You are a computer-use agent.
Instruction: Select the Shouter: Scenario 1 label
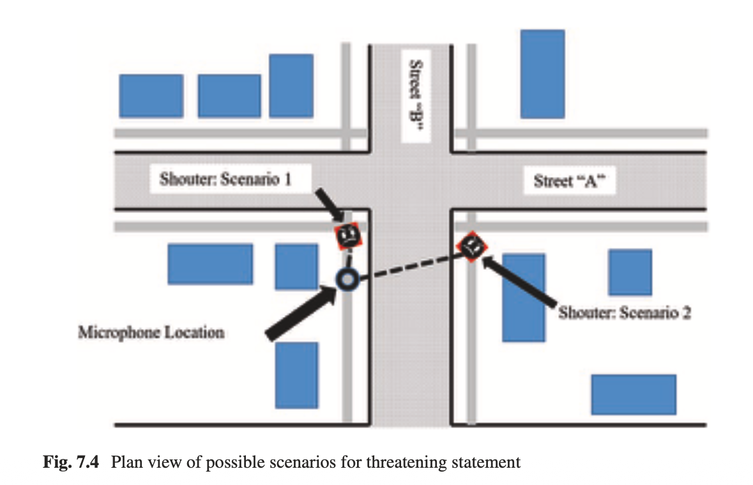[x=225, y=180]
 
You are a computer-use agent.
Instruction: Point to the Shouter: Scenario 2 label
[x=624, y=313]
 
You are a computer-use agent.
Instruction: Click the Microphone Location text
[x=151, y=332]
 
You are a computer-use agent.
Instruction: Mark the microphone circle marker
[x=346, y=279]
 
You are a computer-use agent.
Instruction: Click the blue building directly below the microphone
[x=296, y=375]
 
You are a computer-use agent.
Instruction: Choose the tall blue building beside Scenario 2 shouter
[x=523, y=297]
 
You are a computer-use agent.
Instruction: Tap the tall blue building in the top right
[x=542, y=73]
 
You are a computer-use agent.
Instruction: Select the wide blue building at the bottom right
[x=633, y=394]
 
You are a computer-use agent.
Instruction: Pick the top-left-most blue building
[x=151, y=96]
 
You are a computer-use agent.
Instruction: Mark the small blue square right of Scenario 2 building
[x=630, y=272]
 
